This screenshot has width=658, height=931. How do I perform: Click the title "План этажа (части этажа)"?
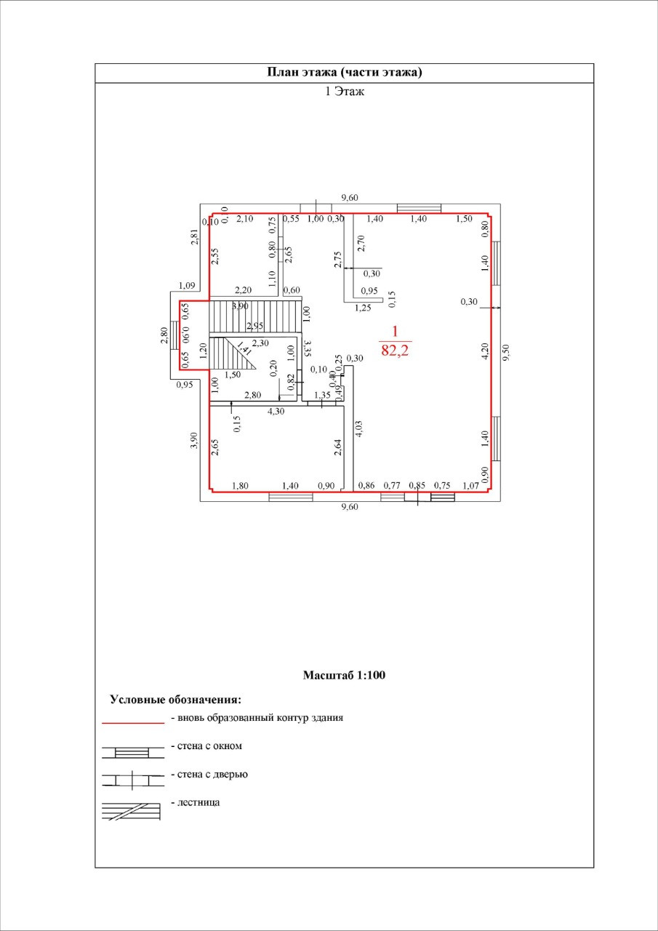pos(345,73)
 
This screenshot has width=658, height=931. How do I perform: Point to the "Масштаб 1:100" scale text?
pos(344,675)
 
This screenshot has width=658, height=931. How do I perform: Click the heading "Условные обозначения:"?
pos(175,700)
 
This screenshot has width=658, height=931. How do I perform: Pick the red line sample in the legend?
pos(132,723)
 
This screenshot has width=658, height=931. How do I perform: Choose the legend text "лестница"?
pos(198,803)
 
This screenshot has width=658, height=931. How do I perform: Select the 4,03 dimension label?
pos(358,428)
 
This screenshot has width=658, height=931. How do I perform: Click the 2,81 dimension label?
pos(194,236)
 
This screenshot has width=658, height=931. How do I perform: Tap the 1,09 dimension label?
pos(188,285)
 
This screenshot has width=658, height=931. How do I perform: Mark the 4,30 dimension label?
pos(276,411)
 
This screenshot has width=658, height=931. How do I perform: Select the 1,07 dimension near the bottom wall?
pos(472,485)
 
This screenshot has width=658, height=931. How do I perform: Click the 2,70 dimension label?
pos(361,243)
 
